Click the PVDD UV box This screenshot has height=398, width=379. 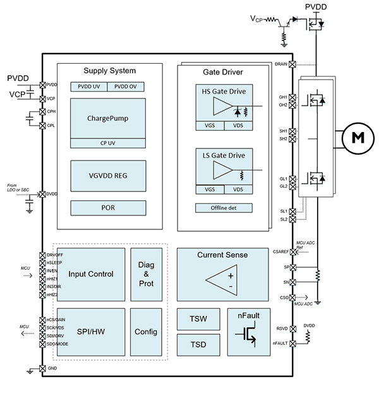point(88,87)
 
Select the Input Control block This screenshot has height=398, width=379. point(90,274)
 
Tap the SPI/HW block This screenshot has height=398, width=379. point(90,332)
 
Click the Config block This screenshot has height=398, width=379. point(146,332)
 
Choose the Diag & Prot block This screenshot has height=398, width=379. point(146,274)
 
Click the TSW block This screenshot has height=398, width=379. point(198,318)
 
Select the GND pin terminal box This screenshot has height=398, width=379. point(42,368)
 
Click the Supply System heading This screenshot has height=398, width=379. point(110,70)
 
